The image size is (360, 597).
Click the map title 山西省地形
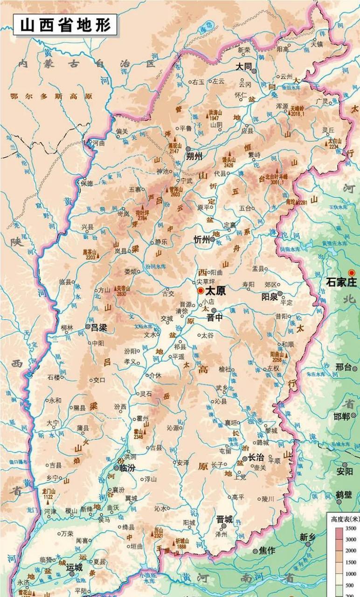click(65, 25)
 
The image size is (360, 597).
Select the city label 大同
click(243, 67)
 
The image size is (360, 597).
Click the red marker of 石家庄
click(352, 273)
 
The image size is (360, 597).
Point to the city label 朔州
click(194, 156)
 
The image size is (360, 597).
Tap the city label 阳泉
click(269, 297)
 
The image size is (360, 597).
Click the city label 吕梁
click(99, 327)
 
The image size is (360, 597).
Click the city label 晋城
click(224, 519)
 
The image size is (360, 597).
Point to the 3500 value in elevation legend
click(350, 528)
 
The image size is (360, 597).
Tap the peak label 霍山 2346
click(138, 434)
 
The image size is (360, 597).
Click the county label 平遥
click(179, 357)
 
